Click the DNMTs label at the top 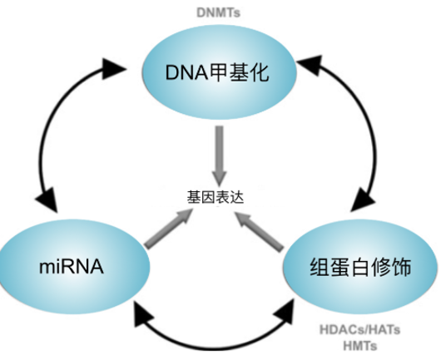218,12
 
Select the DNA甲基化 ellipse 219,72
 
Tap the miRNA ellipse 74,266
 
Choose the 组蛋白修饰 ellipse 360,266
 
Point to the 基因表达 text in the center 216,197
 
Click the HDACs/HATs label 359,329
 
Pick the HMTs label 359,346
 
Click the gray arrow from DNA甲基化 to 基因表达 219,155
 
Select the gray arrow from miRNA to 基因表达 168,229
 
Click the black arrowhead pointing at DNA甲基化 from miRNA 113,69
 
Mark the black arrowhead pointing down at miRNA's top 47,200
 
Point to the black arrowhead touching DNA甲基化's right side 310,65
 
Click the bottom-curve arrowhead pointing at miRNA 143,313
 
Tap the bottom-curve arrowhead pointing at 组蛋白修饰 285,312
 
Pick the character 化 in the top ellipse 259,72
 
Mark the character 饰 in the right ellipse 401,266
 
